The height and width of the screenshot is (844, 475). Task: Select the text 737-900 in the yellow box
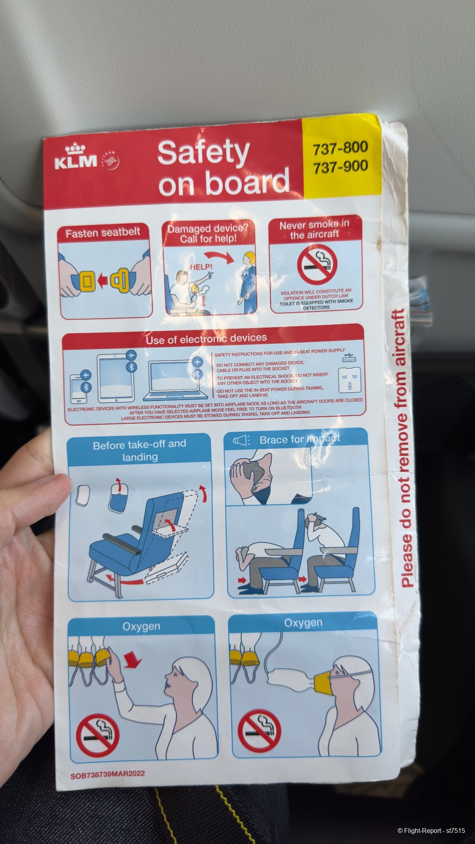[340, 167]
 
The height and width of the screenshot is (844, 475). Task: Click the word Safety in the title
[203, 153]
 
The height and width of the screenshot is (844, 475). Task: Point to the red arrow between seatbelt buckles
[103, 281]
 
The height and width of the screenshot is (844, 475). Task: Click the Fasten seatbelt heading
[103, 232]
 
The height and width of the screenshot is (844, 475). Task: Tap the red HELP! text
[201, 267]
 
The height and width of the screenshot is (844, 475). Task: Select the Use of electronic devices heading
[206, 339]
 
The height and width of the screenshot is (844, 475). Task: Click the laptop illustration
[177, 381]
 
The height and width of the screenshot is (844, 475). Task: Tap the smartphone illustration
[77, 389]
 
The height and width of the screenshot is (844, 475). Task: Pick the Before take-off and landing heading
[140, 450]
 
